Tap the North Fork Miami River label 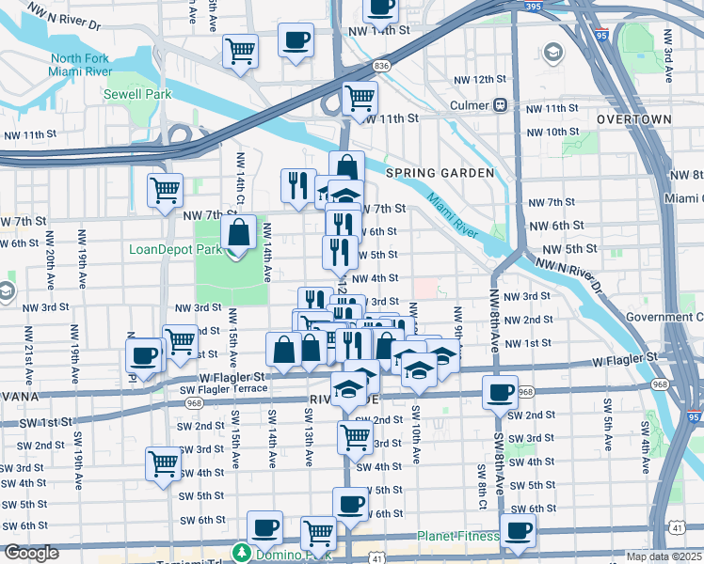[x=82, y=65]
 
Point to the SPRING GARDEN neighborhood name [x=440, y=173]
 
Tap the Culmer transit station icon [x=502, y=105]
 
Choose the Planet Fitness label [x=459, y=536]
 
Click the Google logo [x=31, y=553]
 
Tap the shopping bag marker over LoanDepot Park [x=240, y=232]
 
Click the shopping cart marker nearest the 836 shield [x=360, y=97]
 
